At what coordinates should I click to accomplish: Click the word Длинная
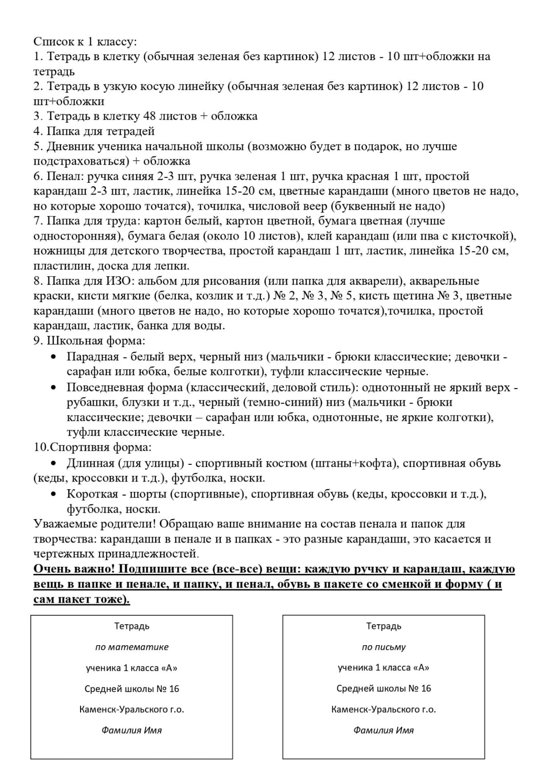pyautogui.click(x=90, y=463)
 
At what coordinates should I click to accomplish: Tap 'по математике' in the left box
pyautogui.click(x=132, y=647)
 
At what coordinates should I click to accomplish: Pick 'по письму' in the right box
pyautogui.click(x=383, y=647)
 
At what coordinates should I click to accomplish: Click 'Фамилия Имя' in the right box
pyautogui.click(x=383, y=730)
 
